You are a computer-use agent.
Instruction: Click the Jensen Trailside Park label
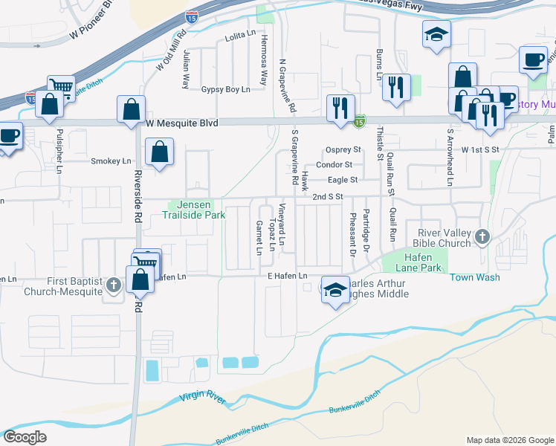tap(194, 210)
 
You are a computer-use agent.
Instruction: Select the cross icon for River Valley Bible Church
tap(482, 237)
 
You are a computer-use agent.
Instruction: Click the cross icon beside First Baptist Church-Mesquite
tap(113, 285)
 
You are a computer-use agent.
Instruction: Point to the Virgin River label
tap(202, 398)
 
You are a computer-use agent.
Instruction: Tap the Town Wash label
tap(474, 277)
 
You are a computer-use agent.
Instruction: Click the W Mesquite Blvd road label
tap(182, 123)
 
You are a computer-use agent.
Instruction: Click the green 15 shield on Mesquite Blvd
tap(360, 121)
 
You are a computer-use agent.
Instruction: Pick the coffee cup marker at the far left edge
tap(10, 136)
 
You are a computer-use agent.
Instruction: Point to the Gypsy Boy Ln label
tap(225, 89)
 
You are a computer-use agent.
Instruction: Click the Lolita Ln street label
tap(239, 37)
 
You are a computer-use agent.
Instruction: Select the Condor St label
tap(334, 164)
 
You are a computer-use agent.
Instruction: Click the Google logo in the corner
tap(25, 436)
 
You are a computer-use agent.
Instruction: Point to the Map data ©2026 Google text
tap(509, 440)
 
